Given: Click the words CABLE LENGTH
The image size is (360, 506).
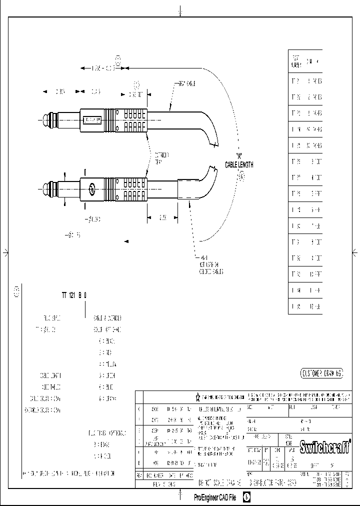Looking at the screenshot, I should [x=239, y=165].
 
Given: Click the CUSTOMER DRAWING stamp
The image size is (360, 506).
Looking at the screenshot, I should [x=321, y=373].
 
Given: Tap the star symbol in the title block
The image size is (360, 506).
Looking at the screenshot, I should [x=198, y=397].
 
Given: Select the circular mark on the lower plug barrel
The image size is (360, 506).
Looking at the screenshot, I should [x=91, y=189].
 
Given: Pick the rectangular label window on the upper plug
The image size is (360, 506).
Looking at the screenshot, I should [x=91, y=120].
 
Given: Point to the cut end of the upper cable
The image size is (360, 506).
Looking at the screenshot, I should [x=214, y=144].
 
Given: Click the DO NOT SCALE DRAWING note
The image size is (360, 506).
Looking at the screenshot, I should [x=220, y=484].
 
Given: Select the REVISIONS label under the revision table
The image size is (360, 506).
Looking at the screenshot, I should [x=164, y=484].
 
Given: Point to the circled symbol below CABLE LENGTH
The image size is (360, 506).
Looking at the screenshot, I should [x=242, y=177].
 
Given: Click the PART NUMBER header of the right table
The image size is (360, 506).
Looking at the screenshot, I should [x=295, y=61].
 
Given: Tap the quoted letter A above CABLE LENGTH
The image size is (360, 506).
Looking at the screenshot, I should [x=239, y=155].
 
